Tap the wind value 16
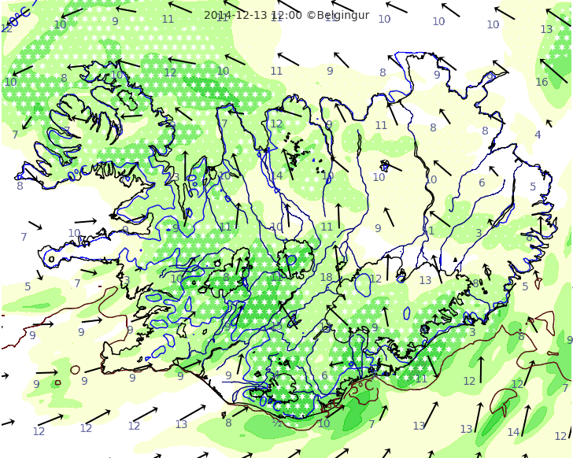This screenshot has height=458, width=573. click(542, 82)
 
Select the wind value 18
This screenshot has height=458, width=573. click(326, 277)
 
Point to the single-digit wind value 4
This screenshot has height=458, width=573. click(538, 135)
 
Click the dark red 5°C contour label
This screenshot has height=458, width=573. click(361, 386)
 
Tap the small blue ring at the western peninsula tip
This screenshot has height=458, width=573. click(52, 258)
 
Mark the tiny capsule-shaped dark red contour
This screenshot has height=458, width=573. click(76, 369)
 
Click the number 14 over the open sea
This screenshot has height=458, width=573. click(513, 432)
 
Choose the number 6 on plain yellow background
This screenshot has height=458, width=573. click(482, 183)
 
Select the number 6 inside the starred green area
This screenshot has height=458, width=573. click(324, 375)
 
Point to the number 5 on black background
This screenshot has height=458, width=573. click(533, 187)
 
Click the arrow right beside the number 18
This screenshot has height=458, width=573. click(338, 260)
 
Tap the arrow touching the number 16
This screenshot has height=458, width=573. click(553, 70)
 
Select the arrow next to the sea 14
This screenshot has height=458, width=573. click(526, 420)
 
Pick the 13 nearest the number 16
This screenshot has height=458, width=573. click(546, 29)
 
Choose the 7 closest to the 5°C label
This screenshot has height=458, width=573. click(372, 424)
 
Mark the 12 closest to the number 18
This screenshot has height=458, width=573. click(375, 279)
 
